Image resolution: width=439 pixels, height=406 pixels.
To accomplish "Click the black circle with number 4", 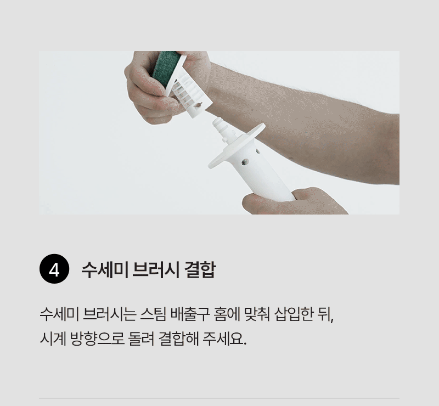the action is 54,269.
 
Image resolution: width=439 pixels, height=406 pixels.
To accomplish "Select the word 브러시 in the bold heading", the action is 155,269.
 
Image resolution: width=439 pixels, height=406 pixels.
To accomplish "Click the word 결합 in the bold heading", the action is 200,269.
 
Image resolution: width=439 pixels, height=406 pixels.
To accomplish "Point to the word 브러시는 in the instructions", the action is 110,315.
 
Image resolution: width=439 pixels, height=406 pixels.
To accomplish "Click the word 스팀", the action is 154,315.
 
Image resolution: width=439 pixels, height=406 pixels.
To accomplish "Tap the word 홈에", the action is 227,315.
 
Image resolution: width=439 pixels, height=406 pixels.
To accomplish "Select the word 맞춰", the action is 257,315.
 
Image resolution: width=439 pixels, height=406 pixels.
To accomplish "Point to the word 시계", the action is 53,339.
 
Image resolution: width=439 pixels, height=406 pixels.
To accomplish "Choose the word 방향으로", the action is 97,339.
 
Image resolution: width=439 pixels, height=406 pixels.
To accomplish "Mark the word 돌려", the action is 141,339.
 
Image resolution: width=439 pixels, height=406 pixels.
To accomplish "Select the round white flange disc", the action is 237,145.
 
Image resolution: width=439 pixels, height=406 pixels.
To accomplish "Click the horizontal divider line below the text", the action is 219,398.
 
